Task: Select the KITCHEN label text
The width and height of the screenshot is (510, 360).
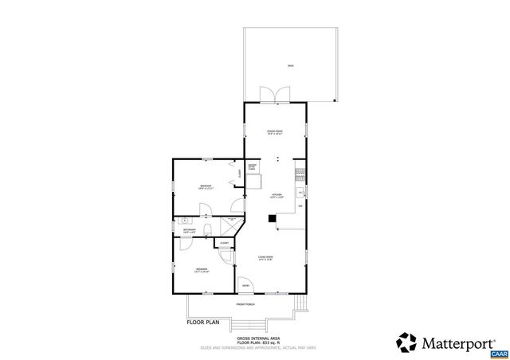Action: (x=277, y=196)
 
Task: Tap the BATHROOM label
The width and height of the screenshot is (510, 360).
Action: (x=189, y=231)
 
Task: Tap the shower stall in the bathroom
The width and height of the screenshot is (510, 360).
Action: (x=235, y=226)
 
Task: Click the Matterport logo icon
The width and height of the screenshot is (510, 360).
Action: (x=406, y=343)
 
